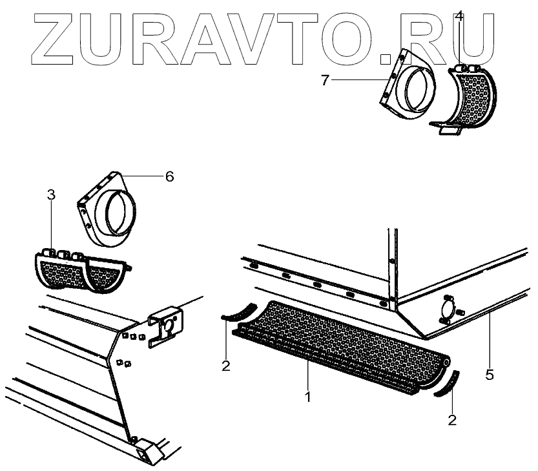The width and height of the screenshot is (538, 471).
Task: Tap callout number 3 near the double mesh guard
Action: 52,194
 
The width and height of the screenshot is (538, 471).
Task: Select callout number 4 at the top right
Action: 459,16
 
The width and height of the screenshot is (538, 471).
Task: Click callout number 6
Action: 169,176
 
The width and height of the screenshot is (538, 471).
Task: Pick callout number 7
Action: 326,80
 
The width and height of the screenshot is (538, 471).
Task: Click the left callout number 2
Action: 225,366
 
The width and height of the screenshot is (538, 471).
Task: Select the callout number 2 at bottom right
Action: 452,421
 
